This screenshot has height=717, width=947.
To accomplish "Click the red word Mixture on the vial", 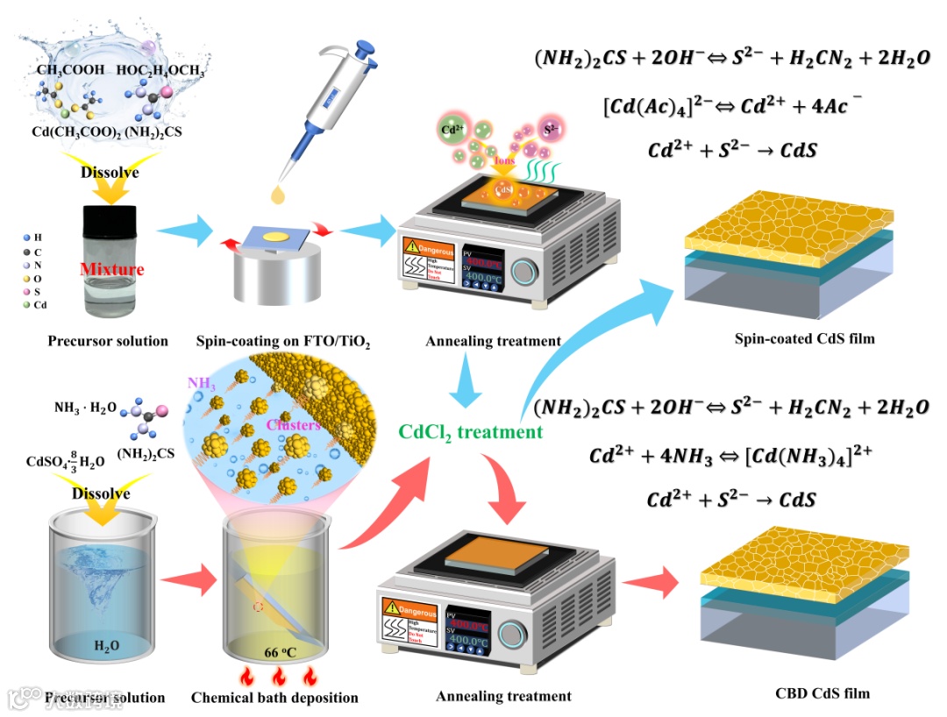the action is coord(111,269).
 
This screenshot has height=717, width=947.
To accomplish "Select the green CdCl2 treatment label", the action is coord(470,431).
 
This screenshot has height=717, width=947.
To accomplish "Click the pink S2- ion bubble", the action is coord(552,128).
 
